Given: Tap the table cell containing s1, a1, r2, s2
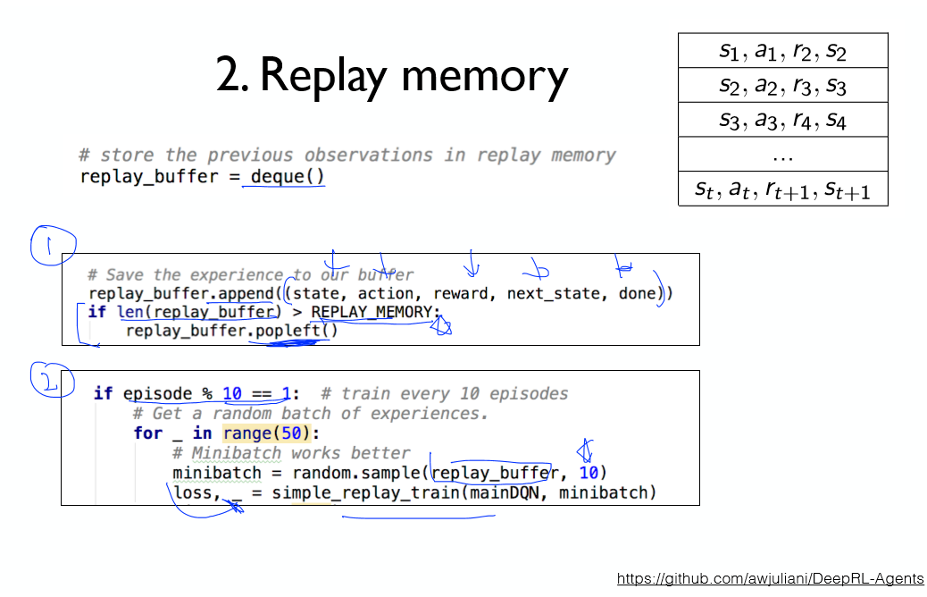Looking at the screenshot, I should (782, 51).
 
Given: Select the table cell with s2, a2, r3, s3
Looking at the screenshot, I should (782, 85).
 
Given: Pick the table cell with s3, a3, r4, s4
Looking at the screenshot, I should (782, 120).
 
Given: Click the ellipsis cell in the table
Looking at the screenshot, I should (782, 155).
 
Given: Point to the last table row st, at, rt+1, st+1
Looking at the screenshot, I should (782, 189).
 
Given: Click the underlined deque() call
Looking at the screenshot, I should (288, 176).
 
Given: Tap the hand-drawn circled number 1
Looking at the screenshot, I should (51, 243).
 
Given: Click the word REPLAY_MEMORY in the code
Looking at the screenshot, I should (375, 312).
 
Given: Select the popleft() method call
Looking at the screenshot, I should (294, 331).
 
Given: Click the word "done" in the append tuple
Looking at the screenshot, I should (638, 293).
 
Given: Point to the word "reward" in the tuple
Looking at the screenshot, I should (462, 293).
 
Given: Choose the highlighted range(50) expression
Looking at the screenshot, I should (265, 433).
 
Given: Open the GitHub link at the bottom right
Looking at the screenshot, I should (770, 579).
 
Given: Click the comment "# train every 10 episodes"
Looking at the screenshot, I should (443, 394).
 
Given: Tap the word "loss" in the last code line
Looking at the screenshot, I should (191, 492).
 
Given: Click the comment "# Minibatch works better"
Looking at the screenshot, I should (291, 453).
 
